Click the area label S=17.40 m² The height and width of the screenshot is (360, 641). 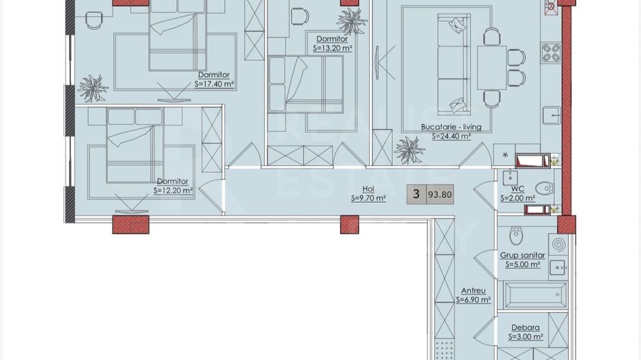tap(214, 84)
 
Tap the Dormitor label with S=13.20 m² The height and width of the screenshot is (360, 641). tap(332, 39)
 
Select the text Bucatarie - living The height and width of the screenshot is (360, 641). tap(451, 127)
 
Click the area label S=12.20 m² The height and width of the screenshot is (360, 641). tap(173, 191)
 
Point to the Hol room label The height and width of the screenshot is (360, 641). tap(368, 189)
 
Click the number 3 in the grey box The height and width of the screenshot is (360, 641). tap(416, 194)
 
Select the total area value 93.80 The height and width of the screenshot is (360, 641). tap(440, 195)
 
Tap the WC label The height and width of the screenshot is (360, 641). tap(517, 189)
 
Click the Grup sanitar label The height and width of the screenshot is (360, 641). tap(523, 255)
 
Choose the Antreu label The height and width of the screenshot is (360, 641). tap(474, 290)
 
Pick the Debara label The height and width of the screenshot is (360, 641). tap(526, 327)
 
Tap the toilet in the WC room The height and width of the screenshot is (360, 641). tap(544, 189)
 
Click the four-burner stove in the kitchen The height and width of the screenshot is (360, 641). tap(551, 53)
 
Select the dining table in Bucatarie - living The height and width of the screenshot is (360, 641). tap(492, 68)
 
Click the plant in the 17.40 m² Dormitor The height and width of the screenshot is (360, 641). tap(93, 87)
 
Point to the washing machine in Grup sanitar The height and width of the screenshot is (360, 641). tap(558, 245)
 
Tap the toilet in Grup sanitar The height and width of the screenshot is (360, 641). tap(516, 236)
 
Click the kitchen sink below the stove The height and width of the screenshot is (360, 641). tap(551, 115)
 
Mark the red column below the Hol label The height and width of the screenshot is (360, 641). tap(349, 225)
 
